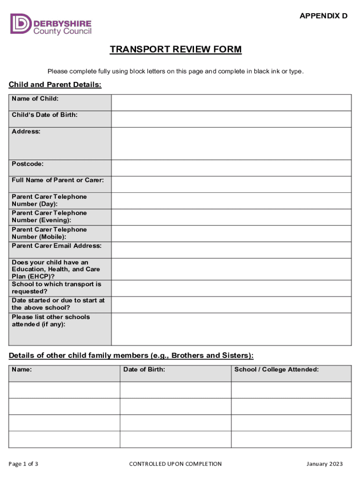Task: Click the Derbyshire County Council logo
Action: tap(50, 24)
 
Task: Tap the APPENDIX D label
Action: tap(324, 16)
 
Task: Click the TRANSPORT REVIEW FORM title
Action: tap(176, 50)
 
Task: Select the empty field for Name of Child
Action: tap(231, 102)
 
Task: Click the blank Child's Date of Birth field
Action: tap(231, 119)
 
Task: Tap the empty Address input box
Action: tap(231, 144)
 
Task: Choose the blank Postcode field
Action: tap(231, 168)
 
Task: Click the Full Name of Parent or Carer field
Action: tap(231, 184)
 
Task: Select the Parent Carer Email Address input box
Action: tap(231, 250)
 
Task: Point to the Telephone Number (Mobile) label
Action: tap(49, 233)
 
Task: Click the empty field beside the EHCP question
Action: tap(231, 269)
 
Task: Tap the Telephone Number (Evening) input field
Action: tap(231, 217)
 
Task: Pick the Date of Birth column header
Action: tap(144, 370)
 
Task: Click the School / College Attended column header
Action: tap(276, 370)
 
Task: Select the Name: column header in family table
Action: tap(22, 370)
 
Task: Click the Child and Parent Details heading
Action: tap(55, 85)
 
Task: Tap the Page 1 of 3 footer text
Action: tap(23, 464)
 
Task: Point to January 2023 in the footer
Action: tap(324, 464)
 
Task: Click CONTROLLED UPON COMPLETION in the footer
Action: tap(175, 464)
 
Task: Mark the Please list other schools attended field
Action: tap(231, 329)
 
